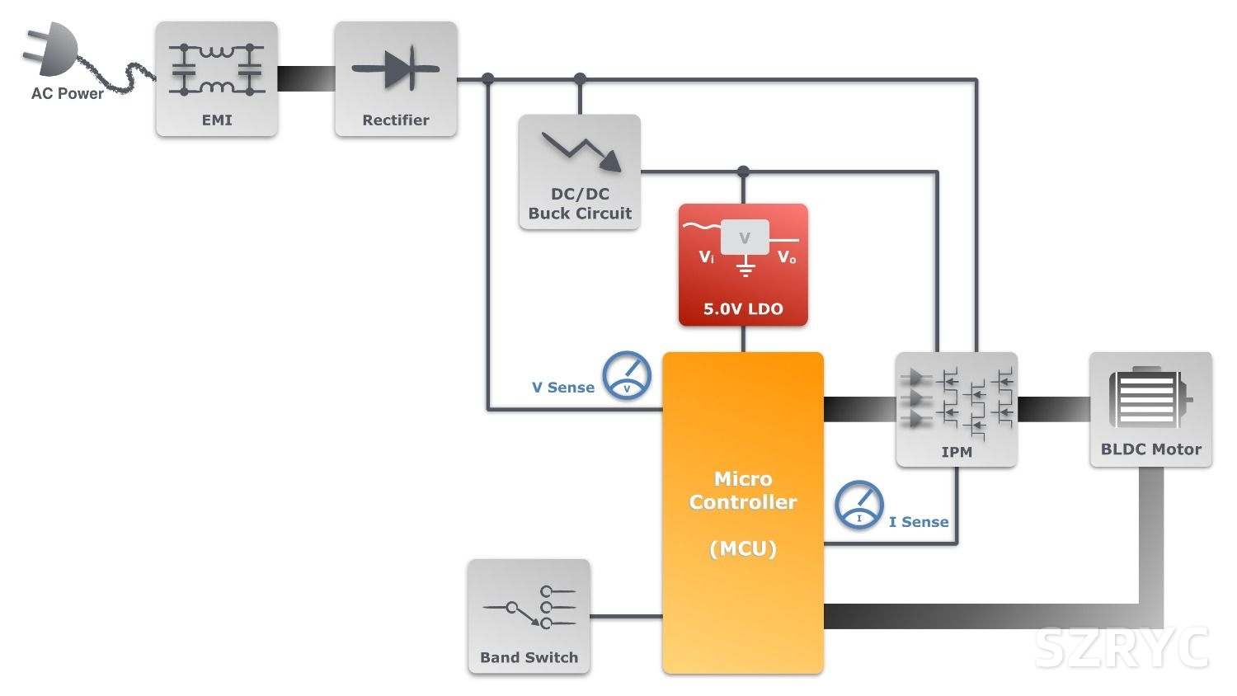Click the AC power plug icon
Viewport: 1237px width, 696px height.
point(51,51)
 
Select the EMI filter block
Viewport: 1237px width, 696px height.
point(217,79)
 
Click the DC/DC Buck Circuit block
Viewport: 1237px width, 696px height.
point(580,172)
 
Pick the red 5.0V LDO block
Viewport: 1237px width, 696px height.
point(743,265)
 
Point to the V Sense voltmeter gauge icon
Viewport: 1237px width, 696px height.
point(627,376)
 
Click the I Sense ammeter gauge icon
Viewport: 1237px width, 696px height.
point(859,505)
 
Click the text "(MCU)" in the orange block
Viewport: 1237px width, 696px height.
point(743,548)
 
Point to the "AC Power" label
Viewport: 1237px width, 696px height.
point(68,94)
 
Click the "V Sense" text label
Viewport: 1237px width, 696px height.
point(563,388)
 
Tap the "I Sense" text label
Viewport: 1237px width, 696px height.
point(919,522)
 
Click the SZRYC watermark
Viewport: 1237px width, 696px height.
point(1122,647)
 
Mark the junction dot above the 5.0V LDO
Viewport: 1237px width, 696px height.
point(743,172)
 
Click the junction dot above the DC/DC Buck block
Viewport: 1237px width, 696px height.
point(580,79)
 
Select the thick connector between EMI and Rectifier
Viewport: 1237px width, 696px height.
point(306,78)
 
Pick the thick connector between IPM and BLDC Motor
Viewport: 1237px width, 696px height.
point(1053,409)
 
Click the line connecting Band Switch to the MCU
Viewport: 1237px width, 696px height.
point(626,616)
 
